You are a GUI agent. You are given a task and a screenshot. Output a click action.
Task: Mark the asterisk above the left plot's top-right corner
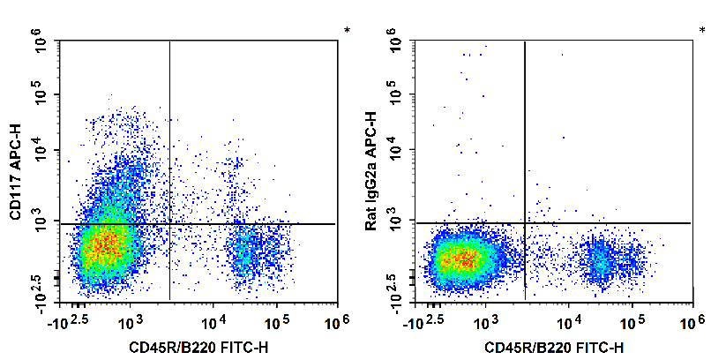[x=347, y=31]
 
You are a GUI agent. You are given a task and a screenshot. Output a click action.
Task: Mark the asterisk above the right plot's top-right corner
[x=703, y=31]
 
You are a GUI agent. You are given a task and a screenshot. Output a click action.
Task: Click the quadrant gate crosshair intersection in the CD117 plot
[x=169, y=224]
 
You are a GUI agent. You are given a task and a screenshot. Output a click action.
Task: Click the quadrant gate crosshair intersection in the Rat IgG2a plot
[x=525, y=222]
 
